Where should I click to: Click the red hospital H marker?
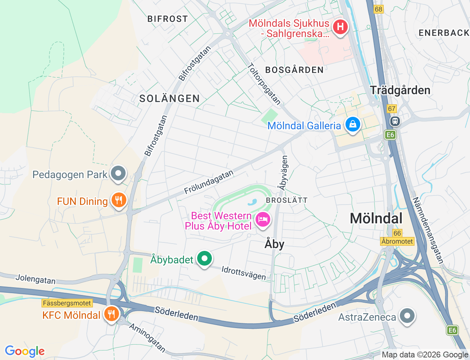[x=340, y=27]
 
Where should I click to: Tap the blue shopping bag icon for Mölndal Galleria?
[x=352, y=124]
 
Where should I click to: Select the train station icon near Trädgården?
[x=395, y=120]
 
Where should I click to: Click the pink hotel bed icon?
[x=263, y=220]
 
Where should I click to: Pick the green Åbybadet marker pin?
[x=205, y=259]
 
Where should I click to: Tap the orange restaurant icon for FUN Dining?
[x=118, y=200]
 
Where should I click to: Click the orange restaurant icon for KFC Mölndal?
[x=111, y=314]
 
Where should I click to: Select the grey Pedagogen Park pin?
[x=118, y=173]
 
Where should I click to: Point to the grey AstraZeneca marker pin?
[x=407, y=316]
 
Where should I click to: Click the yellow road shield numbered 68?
[x=379, y=9]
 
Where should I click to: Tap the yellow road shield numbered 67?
[x=392, y=108]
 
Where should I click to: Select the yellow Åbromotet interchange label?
[x=397, y=241]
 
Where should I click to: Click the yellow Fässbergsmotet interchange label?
[x=67, y=303]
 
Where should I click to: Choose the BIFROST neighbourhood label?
[x=167, y=19]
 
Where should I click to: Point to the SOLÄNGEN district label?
[x=170, y=98]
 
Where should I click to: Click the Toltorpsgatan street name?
[x=264, y=84]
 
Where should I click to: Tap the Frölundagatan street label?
[x=209, y=182]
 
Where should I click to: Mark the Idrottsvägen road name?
[x=244, y=273]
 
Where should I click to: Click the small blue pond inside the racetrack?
[x=252, y=202]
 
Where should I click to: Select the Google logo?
[x=25, y=351]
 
